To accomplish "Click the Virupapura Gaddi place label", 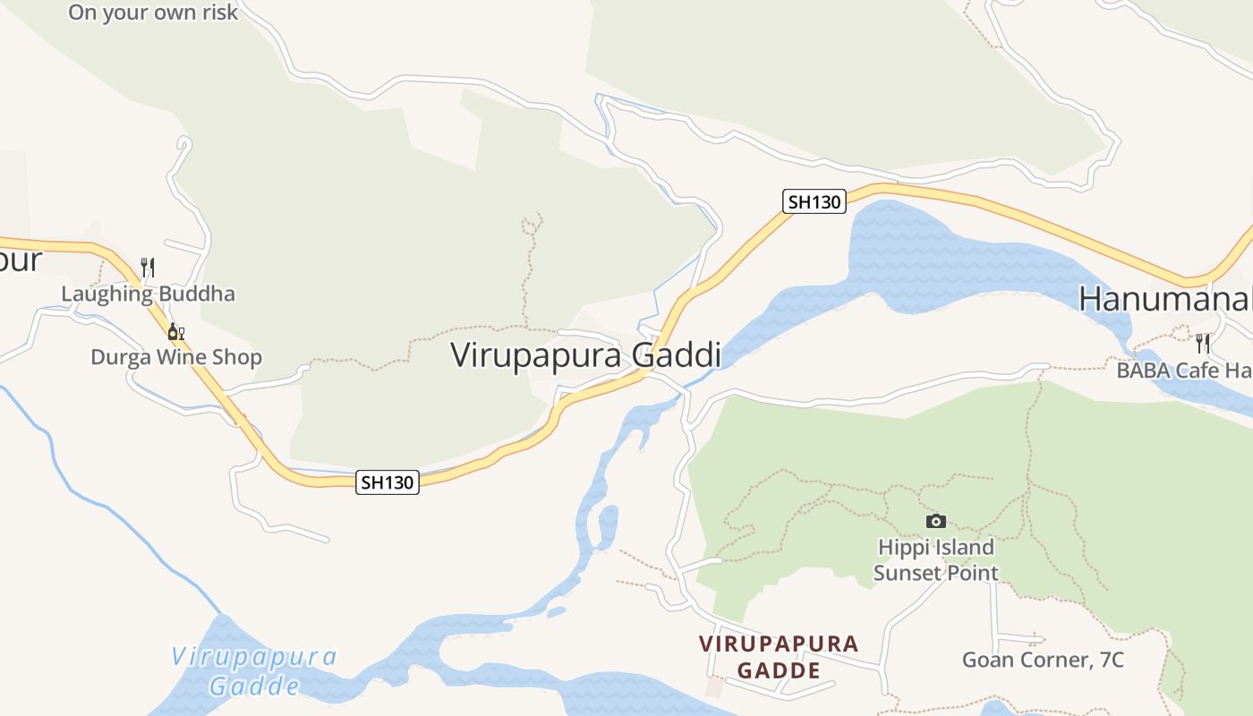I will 585,355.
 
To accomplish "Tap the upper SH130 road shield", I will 814,201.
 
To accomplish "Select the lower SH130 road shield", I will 388,482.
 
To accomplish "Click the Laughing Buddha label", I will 148,294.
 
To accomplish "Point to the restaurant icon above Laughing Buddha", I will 148,267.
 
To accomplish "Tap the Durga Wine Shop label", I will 176,357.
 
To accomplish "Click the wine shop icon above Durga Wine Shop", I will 175,332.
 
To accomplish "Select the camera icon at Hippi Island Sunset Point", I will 935,521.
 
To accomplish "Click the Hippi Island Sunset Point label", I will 935,559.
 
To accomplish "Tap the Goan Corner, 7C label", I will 1043,660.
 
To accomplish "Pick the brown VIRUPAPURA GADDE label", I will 778,657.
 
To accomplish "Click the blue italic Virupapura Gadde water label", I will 254,670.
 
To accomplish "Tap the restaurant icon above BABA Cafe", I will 1203,342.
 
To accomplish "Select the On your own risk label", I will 153,12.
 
